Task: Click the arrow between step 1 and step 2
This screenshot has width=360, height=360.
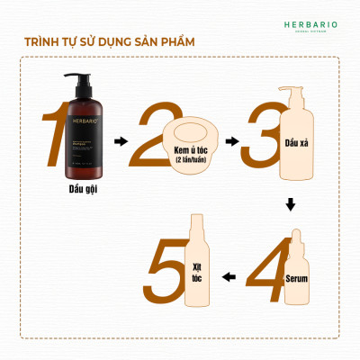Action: pyautogui.click(x=119, y=141)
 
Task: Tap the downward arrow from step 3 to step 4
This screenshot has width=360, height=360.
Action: pyautogui.click(x=290, y=205)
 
